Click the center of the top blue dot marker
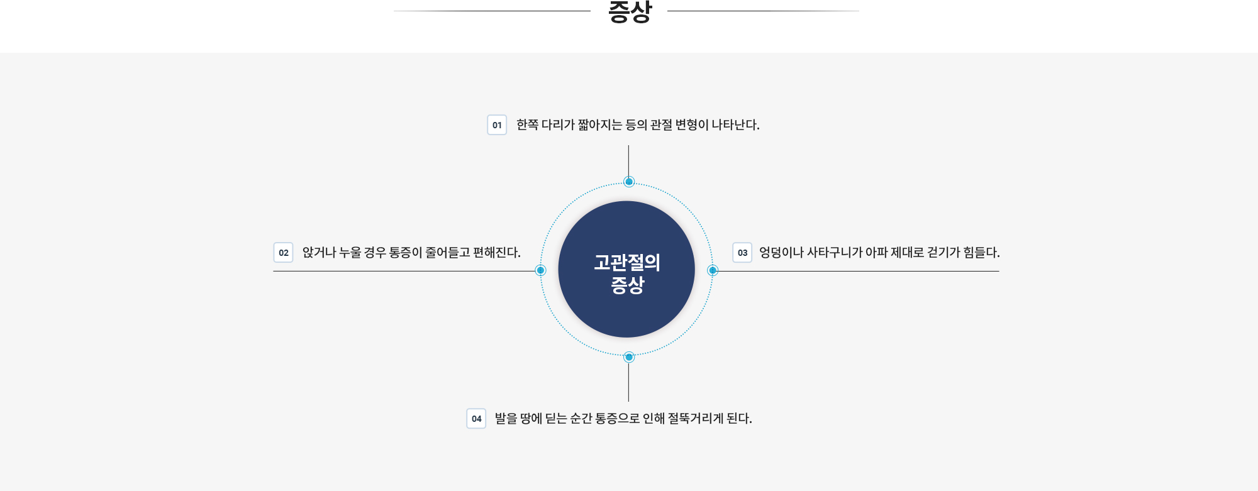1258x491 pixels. [x=629, y=182]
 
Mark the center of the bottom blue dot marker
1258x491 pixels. [x=629, y=357]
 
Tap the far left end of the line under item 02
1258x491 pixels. [x=274, y=271]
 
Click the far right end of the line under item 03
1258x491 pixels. [x=999, y=271]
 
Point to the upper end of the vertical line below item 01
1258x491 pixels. [x=628, y=146]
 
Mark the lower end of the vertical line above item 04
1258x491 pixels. [x=628, y=401]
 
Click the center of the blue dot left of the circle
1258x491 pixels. [x=540, y=270]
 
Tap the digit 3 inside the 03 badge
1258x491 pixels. [x=745, y=253]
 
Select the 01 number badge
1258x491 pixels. [x=497, y=124]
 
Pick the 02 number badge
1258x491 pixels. [x=283, y=252]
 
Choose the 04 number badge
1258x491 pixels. [x=476, y=418]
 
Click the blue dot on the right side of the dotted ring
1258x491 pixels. [x=713, y=270]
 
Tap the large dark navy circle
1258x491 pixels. [x=626, y=269]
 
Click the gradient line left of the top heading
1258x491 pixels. [x=492, y=11]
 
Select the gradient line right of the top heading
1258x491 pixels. [x=763, y=11]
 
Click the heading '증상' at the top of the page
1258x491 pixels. [x=630, y=11]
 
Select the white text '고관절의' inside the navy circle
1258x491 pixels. [x=627, y=262]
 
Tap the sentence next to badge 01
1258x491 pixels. [x=638, y=124]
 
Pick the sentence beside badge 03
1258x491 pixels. [x=879, y=252]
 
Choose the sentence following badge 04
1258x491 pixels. [x=623, y=418]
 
